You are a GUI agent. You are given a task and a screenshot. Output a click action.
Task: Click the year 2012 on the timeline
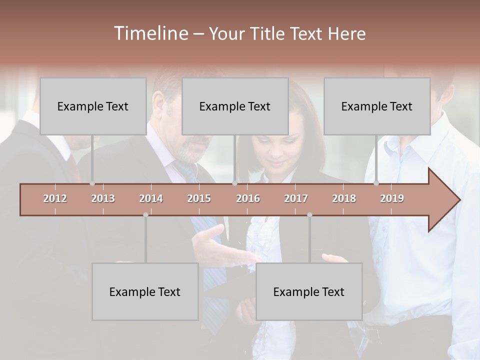coord(55,198)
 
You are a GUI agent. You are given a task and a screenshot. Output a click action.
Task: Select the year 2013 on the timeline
coord(103,198)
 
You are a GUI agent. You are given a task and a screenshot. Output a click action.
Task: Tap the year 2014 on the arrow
coord(151,198)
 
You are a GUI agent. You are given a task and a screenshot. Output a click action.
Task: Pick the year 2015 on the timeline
coord(199,198)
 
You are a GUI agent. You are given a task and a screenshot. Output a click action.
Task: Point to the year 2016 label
coord(248,198)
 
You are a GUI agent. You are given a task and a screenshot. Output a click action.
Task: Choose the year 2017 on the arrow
coord(296,198)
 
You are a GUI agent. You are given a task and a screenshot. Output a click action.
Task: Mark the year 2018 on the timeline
coord(344,198)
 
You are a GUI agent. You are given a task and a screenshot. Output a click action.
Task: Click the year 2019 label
coord(392,198)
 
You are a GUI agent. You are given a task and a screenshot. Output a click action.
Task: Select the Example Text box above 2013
coord(93,106)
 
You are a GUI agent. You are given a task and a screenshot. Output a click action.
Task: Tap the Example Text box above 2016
coord(235,106)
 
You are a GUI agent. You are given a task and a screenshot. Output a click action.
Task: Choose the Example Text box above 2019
coord(377,106)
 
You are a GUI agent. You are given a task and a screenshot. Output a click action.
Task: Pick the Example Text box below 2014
coord(145,291)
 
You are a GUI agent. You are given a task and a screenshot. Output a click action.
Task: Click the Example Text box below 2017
coord(309,291)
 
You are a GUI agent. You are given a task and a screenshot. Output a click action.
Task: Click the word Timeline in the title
coord(150,33)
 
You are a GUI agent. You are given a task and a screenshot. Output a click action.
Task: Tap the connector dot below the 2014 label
coord(145,215)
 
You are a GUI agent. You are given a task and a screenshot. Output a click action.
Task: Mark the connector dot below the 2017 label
coord(309,215)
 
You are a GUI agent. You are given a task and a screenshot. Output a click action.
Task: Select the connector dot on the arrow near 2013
coord(92,183)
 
